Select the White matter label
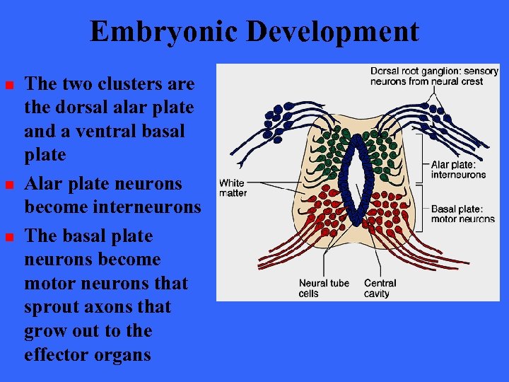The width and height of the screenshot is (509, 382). tap(233, 188)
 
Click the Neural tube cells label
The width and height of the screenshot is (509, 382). tap(323, 288)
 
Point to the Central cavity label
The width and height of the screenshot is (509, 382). tap(380, 288)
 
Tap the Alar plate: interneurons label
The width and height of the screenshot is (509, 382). tap(458, 170)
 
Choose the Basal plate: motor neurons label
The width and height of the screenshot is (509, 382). tap(462, 214)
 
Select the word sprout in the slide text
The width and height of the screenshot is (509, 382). tap(54, 307)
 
